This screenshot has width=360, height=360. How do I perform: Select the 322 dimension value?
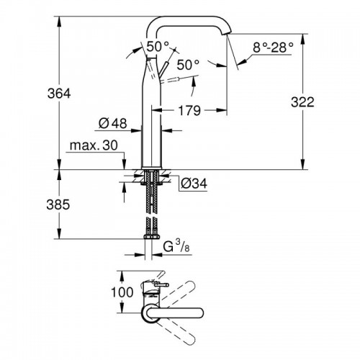coord(303,103)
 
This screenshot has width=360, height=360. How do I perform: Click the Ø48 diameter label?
coord(114,123)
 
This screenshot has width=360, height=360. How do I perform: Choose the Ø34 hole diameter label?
coord(193,184)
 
